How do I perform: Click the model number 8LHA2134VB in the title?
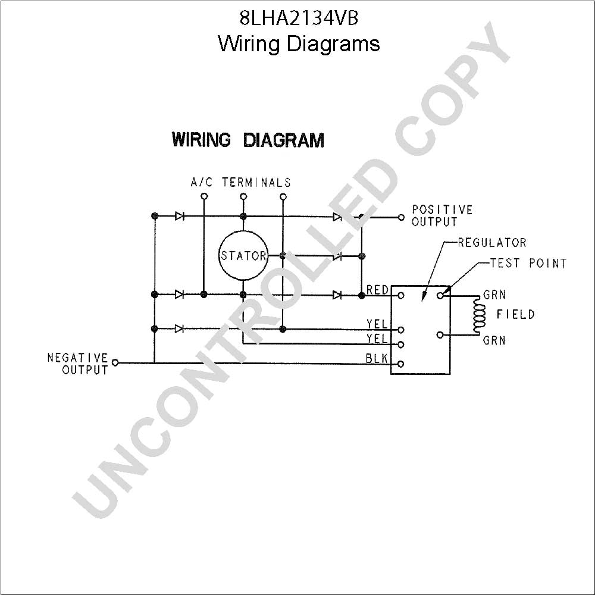299,18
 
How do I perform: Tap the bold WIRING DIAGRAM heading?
248,140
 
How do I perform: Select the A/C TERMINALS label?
240,183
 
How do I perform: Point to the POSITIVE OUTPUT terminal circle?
401,217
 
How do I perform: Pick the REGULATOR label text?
492,243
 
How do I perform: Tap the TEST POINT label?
528,263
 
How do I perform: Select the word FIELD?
516,314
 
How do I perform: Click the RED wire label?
378,290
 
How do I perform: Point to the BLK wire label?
377,358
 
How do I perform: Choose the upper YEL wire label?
377,324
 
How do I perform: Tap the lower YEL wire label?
377,339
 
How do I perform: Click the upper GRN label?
494,295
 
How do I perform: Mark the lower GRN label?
494,340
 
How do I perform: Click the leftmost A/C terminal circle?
204,196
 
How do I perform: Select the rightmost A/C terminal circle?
283,196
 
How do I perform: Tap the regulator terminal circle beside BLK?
401,364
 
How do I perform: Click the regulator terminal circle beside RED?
401,296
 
